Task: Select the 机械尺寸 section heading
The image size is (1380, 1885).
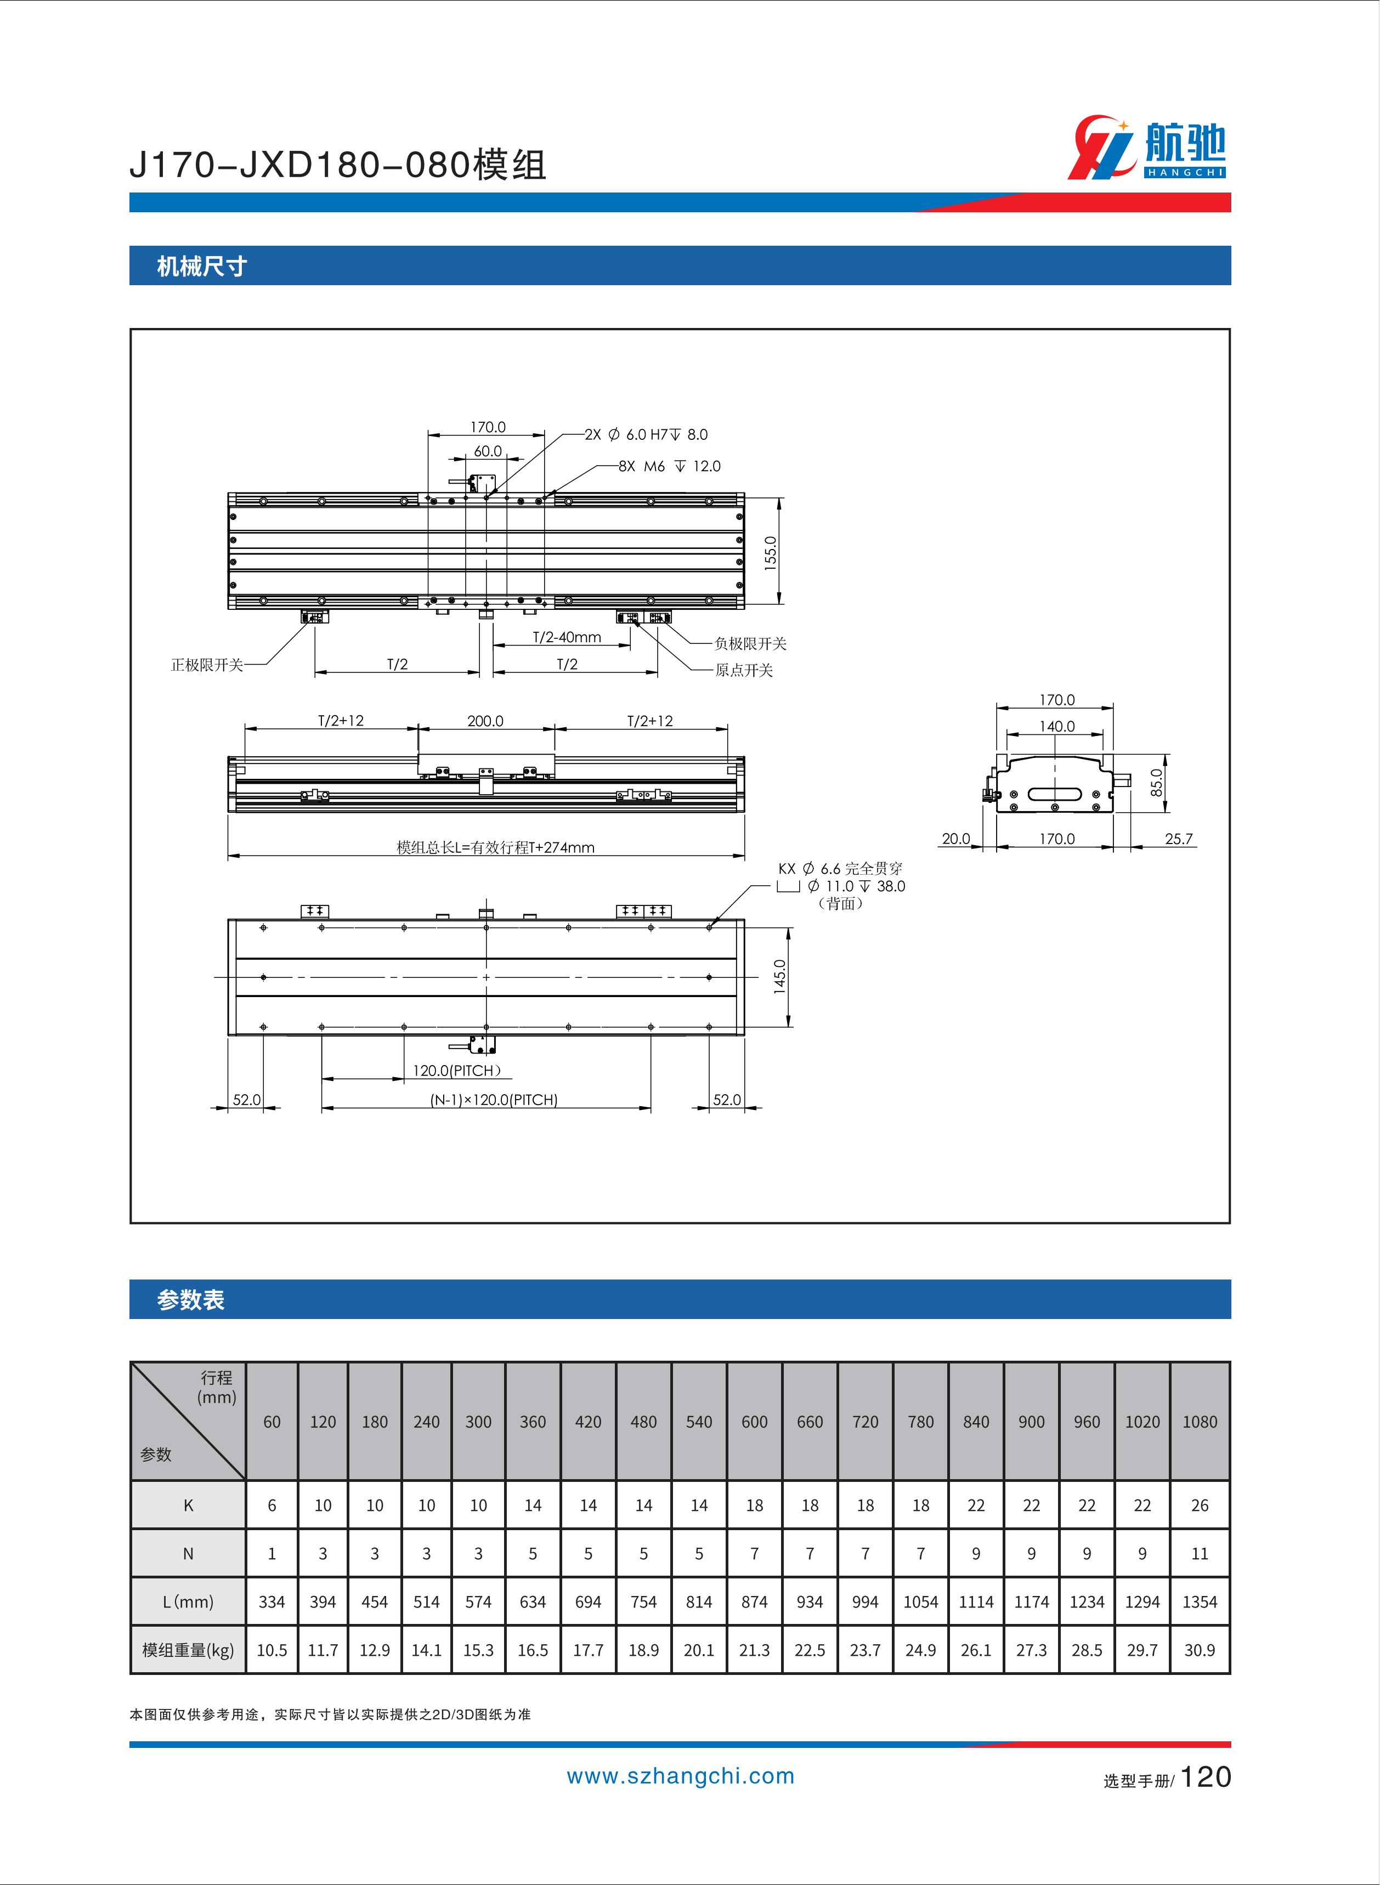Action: click(202, 267)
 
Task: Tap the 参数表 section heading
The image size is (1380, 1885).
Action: click(190, 1300)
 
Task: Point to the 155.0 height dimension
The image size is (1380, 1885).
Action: click(770, 552)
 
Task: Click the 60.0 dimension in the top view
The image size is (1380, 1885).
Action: click(488, 451)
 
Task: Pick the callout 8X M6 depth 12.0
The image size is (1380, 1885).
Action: click(669, 466)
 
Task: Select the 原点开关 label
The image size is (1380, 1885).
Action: click(743, 670)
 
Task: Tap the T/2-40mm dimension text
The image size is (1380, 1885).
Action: click(567, 637)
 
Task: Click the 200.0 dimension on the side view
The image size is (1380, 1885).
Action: click(485, 721)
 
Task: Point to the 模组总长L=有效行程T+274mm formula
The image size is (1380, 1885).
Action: click(495, 847)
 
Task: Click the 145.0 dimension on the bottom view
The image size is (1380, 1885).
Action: click(779, 976)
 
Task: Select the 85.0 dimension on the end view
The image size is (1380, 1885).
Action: click(1156, 783)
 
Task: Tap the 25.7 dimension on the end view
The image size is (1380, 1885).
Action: click(1179, 839)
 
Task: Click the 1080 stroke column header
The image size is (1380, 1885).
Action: click(1200, 1422)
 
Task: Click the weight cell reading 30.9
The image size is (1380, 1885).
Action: click(1200, 1650)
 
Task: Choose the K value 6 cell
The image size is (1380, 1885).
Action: click(272, 1505)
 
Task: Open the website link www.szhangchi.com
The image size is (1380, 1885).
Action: click(681, 1776)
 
